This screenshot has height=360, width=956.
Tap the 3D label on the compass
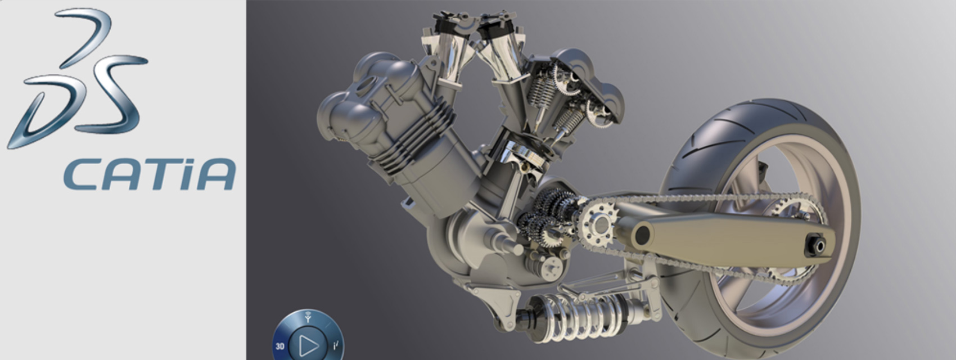280,346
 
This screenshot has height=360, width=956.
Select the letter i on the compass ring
336,345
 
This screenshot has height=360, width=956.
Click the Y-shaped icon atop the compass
308,317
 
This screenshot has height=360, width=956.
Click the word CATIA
150,174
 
